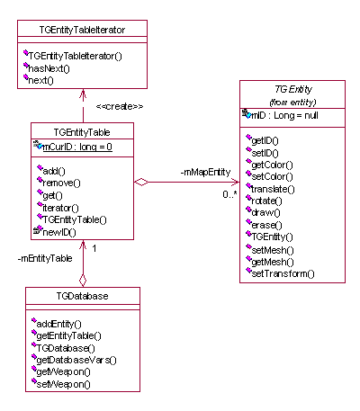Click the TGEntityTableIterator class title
[x=82, y=30]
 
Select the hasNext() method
[x=49, y=68]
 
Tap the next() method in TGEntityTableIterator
[x=40, y=80]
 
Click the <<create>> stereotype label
[x=120, y=106]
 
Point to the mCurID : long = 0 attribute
[x=77, y=147]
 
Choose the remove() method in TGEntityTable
[x=62, y=183]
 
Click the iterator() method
[x=60, y=208]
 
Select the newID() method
[x=59, y=232]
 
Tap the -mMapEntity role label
[x=205, y=172]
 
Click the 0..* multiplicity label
[x=229, y=194]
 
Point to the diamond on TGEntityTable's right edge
[x=141, y=182]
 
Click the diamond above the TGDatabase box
[x=83, y=281]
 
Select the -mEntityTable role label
[x=45, y=258]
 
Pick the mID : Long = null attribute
[x=284, y=115]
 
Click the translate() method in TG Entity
[x=273, y=189]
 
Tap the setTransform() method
[x=283, y=273]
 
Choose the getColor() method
[x=272, y=165]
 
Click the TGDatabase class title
[x=83, y=296]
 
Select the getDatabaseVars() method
[x=76, y=360]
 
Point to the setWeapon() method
[x=63, y=384]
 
